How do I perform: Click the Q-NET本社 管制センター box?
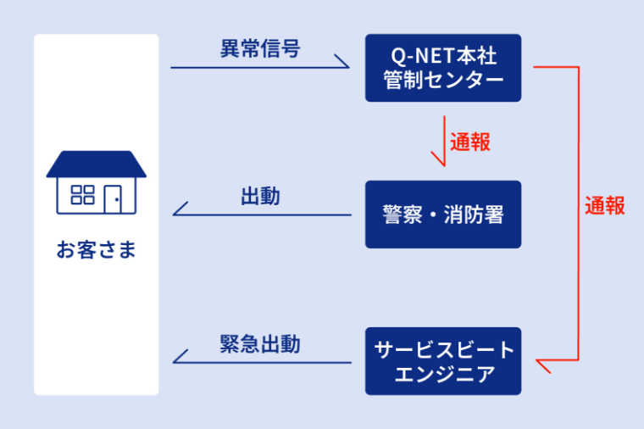pos(443,68)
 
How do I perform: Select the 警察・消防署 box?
pos(443,214)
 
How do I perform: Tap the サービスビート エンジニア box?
pos(443,361)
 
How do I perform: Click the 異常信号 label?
pos(260,48)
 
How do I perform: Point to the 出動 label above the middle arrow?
pos(260,196)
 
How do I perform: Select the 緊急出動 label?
pos(260,344)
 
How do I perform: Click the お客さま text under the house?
pos(96,249)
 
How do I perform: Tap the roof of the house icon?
pos(96,164)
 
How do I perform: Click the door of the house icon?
pos(113,199)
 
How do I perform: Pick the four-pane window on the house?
pos(82,195)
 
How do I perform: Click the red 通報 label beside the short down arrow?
pos(470,142)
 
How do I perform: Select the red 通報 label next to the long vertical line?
pos(605,205)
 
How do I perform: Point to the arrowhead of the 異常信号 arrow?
pos(342,61)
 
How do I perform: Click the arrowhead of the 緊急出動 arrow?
pos(180,356)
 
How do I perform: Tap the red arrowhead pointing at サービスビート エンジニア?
pos(543,366)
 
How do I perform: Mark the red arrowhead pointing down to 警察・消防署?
pos(438,159)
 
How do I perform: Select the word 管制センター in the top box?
pos(443,80)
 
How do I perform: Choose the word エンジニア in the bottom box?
pos(445,374)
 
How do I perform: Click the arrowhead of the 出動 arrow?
pos(180,209)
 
